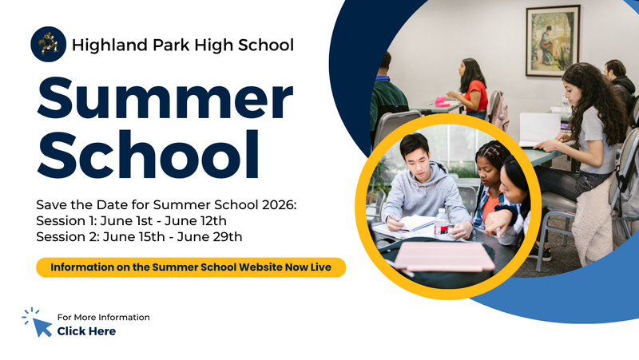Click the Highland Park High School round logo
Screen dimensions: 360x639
point(48,44)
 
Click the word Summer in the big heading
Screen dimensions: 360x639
point(165,101)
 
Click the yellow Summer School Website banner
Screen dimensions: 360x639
point(191,267)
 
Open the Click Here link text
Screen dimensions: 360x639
point(86,331)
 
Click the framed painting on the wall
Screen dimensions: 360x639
point(553,40)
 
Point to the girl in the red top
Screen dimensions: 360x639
point(472,87)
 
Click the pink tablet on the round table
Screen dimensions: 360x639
point(444,256)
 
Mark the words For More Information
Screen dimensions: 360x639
point(103,318)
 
